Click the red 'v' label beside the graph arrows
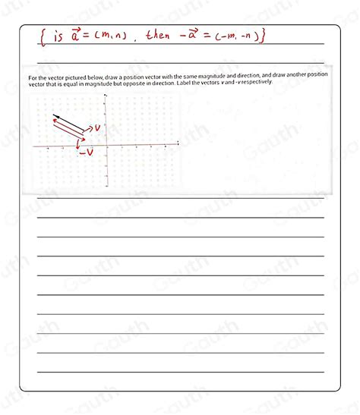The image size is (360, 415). (x=96, y=128)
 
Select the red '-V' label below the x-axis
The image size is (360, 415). (x=87, y=152)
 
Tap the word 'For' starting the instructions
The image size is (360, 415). (x=33, y=77)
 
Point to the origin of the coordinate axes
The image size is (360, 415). (x=106, y=145)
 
